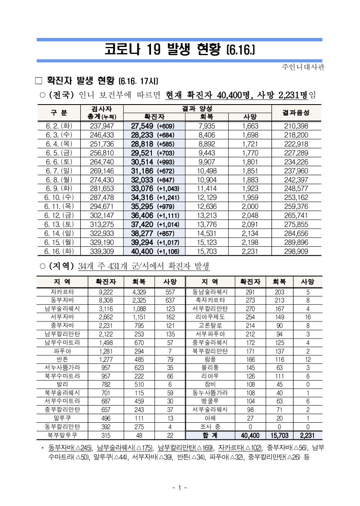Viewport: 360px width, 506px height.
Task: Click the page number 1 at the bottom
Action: (180, 487)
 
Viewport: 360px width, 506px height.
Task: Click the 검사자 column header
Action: (102, 109)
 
